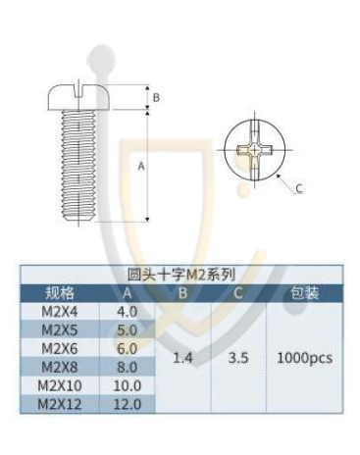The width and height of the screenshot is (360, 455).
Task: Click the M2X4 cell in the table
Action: coord(60,312)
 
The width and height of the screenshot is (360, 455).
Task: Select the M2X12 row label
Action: coord(60,404)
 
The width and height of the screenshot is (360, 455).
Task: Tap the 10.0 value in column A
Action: coord(128,386)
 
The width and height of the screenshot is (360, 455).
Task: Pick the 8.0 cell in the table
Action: coord(128,368)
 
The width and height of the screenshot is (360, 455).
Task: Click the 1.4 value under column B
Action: coord(182,358)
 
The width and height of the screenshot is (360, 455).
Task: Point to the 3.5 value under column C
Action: coord(238,358)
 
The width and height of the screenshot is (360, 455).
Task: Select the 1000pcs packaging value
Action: coord(305,358)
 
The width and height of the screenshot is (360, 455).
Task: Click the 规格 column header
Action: coord(60,293)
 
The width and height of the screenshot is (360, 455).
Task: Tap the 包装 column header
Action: coord(305,293)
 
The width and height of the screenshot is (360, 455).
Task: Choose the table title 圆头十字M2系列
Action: coord(181,275)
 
